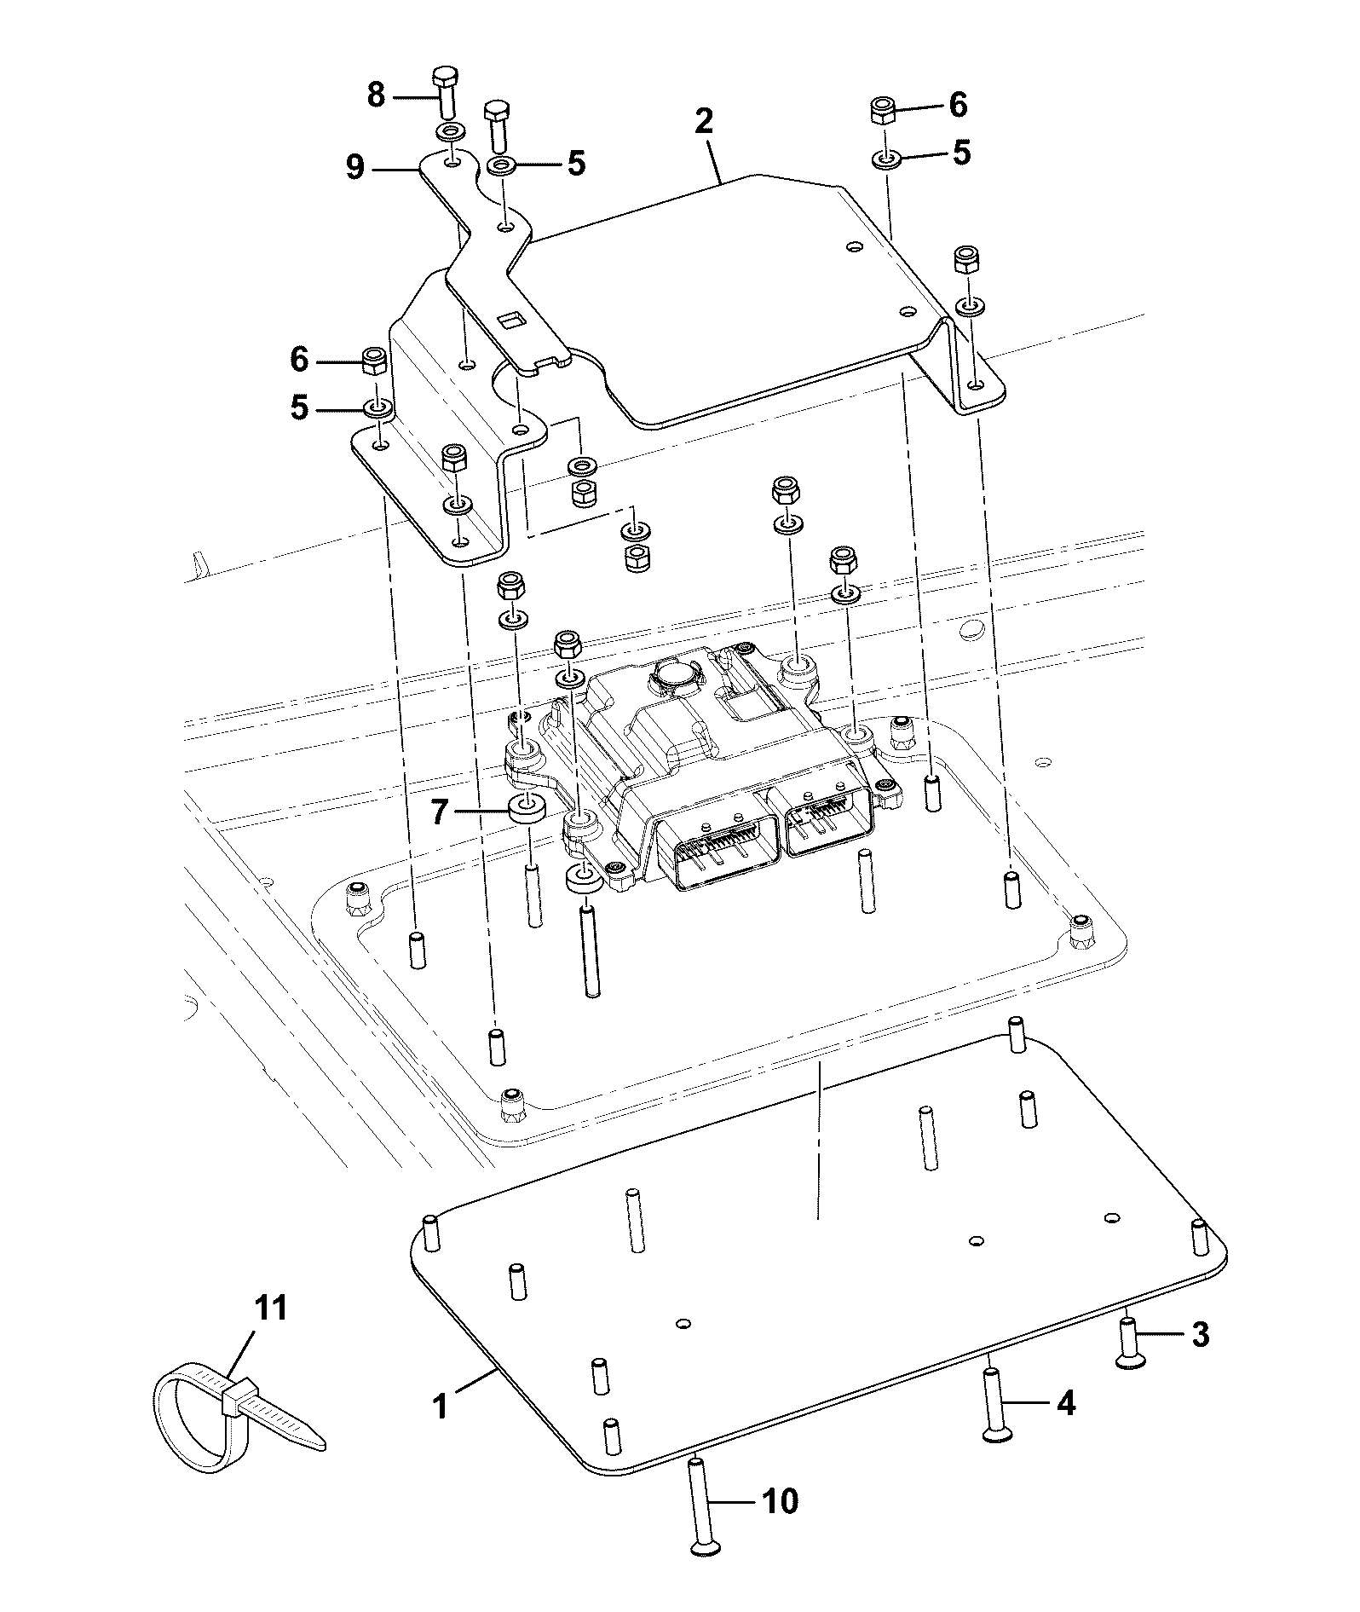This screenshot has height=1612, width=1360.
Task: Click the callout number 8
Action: pos(376,95)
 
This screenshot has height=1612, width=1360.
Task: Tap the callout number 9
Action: pos(355,167)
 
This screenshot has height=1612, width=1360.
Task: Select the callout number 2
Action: pos(703,121)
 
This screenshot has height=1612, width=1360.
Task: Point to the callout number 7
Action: pos(439,812)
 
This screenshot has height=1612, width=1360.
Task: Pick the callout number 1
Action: pos(441,1406)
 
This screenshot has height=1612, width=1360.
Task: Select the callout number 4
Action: pos(1066,1402)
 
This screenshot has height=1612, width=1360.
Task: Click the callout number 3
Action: pos(1200,1334)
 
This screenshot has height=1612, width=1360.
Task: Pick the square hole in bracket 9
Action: pos(512,320)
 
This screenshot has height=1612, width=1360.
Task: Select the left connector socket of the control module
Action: pos(726,852)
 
